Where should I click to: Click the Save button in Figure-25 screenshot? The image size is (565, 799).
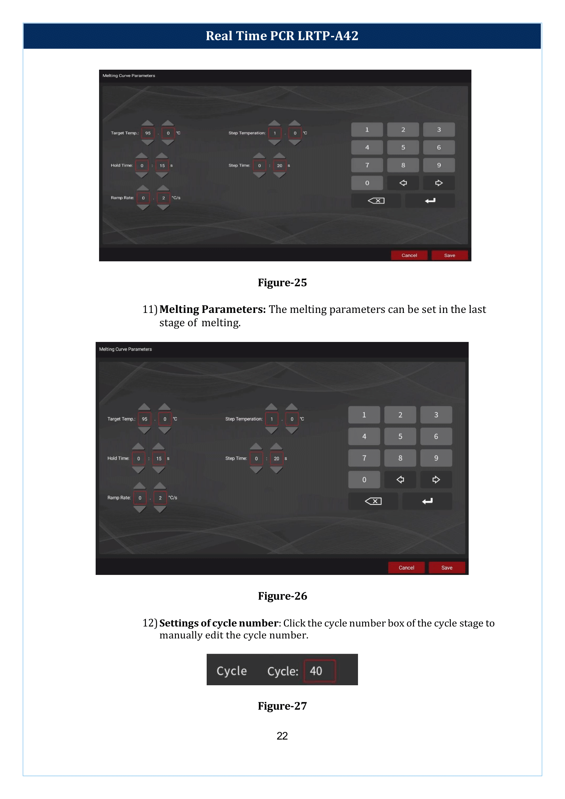[x=449, y=255]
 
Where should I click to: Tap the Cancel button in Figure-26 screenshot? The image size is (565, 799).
[x=406, y=567]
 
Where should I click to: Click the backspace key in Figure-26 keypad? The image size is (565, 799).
[x=373, y=501]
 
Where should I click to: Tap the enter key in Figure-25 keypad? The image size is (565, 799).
[x=430, y=201]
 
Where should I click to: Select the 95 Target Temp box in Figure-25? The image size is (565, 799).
[x=148, y=133]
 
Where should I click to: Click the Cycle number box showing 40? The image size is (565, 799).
[x=319, y=671]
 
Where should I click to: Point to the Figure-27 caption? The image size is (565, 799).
[x=282, y=706]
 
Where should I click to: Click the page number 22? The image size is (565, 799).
[x=282, y=736]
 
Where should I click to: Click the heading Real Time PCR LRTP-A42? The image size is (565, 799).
[x=282, y=36]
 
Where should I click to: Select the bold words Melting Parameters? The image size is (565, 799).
[x=212, y=309]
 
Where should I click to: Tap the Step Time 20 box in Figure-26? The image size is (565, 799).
[x=276, y=458]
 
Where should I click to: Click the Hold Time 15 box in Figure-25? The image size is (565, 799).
[x=162, y=165]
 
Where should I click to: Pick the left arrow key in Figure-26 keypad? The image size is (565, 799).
[x=400, y=479]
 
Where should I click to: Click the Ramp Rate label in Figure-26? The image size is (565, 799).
[x=119, y=498]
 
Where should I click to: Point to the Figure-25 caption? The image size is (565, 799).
[x=282, y=283]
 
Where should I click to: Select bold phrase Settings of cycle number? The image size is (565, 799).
[x=219, y=623]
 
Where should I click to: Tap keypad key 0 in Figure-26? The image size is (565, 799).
[x=364, y=479]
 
